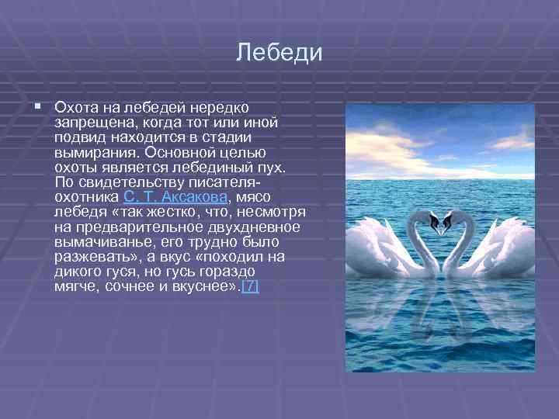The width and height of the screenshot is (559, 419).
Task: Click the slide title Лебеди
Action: pyautogui.click(x=279, y=54)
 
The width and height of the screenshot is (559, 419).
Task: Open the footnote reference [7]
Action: pyautogui.click(x=251, y=286)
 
